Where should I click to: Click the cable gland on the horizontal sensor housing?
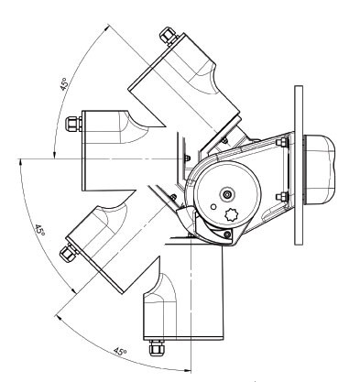(73, 124)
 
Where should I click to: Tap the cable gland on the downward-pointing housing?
(156, 347)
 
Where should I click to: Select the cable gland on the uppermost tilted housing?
(169, 36)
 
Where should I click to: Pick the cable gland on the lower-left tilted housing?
(69, 251)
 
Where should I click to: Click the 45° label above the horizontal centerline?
(63, 84)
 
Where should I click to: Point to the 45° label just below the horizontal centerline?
(39, 230)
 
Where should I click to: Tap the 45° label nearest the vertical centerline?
(120, 351)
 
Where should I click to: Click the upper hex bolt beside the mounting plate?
(282, 142)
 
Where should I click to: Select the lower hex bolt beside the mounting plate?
(282, 197)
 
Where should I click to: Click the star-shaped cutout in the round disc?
(232, 215)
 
